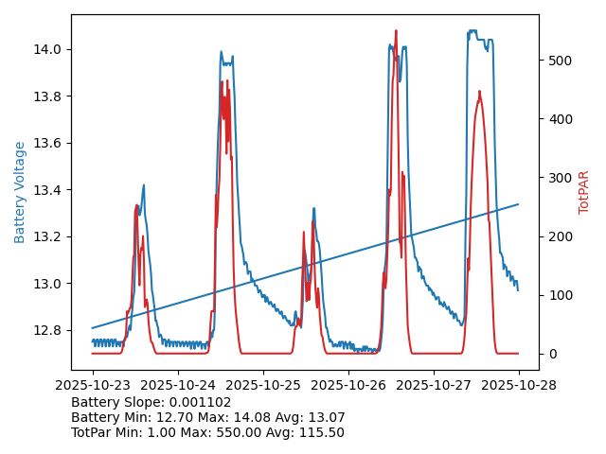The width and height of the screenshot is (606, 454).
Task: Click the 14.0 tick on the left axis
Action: click(x=47, y=49)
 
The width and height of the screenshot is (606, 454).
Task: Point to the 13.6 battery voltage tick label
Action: click(x=47, y=143)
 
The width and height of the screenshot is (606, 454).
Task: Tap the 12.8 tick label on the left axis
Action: click(x=47, y=331)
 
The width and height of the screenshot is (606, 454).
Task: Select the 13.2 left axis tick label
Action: click(x=47, y=236)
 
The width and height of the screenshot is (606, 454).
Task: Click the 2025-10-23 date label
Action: click(x=93, y=385)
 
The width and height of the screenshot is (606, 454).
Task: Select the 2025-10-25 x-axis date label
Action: click(x=263, y=385)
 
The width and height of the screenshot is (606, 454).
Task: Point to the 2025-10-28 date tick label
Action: click(x=519, y=385)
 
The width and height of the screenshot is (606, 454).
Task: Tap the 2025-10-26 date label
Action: click(x=348, y=385)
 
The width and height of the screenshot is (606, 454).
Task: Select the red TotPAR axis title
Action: click(x=584, y=192)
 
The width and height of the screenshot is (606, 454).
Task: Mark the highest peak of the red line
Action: click(x=396, y=30)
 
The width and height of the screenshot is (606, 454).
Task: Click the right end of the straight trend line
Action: click(x=518, y=203)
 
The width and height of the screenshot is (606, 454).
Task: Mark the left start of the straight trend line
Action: click(x=93, y=327)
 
